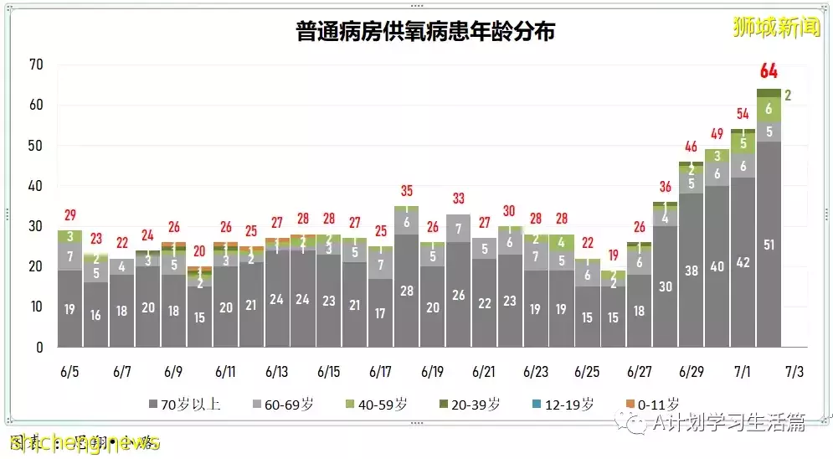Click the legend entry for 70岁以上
pos(183,405)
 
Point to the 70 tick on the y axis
pos(36,65)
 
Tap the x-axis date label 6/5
pos(69,370)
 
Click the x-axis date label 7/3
pos(794,370)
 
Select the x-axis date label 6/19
pos(432,370)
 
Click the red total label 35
pos(406,190)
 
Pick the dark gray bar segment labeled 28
pos(406,291)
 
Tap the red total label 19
pos(613,255)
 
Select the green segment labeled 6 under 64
pos(769,109)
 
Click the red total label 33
pos(458,199)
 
